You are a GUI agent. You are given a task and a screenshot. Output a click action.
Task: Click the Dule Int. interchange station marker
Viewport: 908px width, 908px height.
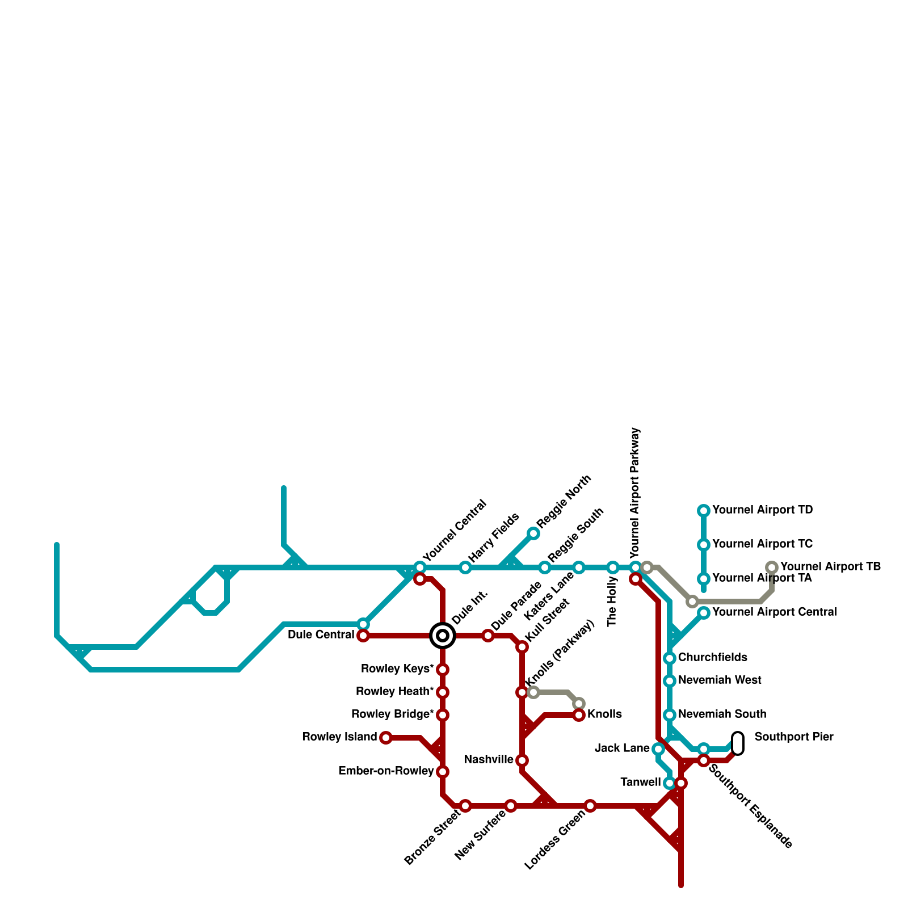[443, 636]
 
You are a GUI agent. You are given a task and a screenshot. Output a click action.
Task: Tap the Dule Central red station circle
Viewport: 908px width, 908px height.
[363, 636]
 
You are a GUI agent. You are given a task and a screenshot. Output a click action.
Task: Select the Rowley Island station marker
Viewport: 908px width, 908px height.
[386, 738]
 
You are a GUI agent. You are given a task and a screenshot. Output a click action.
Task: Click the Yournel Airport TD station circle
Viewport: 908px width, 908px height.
[704, 511]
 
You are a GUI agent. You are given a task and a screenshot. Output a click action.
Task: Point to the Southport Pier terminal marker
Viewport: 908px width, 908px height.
[738, 743]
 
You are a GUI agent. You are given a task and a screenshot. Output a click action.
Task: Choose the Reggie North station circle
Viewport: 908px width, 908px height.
[533, 533]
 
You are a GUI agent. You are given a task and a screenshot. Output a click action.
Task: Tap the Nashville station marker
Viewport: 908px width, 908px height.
[522, 760]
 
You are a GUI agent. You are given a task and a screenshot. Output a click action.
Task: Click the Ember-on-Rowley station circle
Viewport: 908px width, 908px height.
[443, 772]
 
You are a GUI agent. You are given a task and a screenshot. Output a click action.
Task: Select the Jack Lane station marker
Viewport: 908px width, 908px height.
[658, 749]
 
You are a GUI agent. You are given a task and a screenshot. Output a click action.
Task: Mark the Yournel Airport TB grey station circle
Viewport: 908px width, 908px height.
[772, 567]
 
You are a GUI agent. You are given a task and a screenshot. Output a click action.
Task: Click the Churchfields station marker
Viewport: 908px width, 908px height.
[670, 658]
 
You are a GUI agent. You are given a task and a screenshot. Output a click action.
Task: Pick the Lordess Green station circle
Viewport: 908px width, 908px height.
[590, 806]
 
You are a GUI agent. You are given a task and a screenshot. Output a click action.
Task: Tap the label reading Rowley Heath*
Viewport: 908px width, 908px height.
[394, 692]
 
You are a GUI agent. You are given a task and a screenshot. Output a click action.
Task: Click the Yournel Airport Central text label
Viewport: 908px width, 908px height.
[774, 612]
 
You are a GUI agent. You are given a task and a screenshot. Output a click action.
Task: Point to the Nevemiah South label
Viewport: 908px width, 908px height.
[722, 714]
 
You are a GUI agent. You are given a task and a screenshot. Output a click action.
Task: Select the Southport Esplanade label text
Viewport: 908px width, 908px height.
[750, 806]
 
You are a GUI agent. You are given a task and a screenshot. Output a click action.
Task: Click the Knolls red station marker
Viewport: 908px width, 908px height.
[579, 715]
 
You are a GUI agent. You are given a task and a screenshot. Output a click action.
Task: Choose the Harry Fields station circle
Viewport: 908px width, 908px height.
[465, 567]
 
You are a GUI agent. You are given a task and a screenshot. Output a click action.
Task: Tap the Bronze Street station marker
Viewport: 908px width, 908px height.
[465, 806]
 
